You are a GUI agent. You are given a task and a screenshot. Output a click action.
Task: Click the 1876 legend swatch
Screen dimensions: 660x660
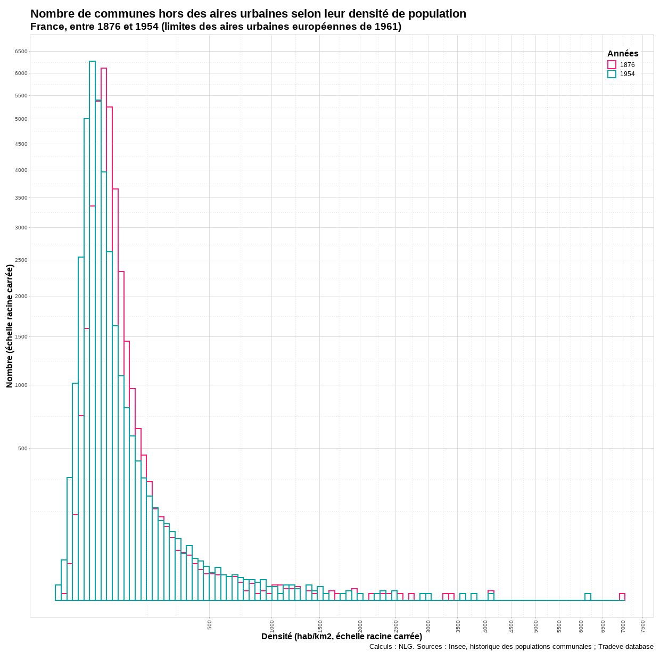(612, 65)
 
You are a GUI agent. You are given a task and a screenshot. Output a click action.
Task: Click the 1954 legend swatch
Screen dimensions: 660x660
(612, 74)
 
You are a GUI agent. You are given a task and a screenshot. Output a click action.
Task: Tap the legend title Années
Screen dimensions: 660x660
(623, 54)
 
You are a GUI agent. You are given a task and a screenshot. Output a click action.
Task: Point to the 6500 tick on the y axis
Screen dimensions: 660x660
(21, 52)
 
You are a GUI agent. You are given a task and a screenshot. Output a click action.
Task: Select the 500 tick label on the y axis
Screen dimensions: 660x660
(22, 449)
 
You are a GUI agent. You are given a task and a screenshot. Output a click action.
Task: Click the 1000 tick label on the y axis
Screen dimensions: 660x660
(21, 385)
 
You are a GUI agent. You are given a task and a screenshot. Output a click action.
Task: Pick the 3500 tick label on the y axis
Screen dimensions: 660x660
(21, 198)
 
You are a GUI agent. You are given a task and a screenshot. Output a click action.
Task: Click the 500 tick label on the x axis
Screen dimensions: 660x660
(210, 624)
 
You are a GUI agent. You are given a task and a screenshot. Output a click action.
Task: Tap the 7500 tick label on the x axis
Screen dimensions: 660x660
(643, 626)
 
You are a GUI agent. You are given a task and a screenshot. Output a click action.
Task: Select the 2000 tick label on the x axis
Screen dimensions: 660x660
(360, 626)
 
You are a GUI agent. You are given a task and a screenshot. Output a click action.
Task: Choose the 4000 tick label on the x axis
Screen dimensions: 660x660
(485, 626)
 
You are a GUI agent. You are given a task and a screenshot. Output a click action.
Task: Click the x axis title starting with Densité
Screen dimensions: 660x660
(341, 637)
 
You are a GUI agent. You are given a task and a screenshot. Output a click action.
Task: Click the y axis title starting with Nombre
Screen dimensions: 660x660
(10, 326)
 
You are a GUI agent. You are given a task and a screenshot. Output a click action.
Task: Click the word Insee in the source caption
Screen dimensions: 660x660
(458, 647)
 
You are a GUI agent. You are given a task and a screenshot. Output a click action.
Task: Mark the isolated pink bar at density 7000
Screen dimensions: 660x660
(622, 597)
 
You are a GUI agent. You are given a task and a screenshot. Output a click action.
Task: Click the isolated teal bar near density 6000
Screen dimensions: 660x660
(588, 597)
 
